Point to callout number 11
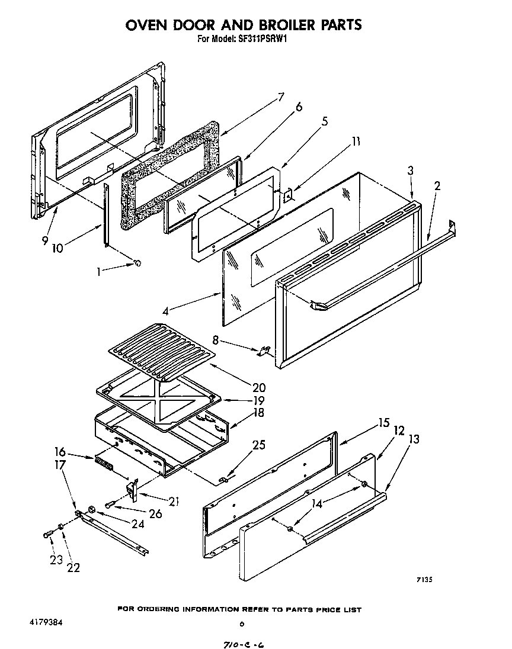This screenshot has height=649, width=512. click(355, 142)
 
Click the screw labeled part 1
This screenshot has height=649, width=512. click(137, 263)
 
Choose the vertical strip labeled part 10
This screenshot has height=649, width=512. click(106, 214)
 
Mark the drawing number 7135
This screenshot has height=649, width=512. click(423, 580)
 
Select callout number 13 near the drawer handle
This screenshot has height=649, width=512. click(413, 439)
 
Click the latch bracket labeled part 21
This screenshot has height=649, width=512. click(133, 489)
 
